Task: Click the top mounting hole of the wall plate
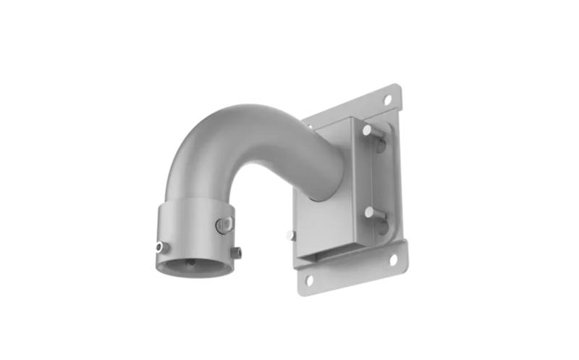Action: coord(387,99)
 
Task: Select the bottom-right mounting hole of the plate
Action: coord(394,258)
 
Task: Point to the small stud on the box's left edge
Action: coord(290,235)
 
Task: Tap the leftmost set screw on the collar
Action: coord(162,247)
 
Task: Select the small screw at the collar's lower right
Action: coord(234,253)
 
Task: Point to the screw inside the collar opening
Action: coord(190,263)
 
